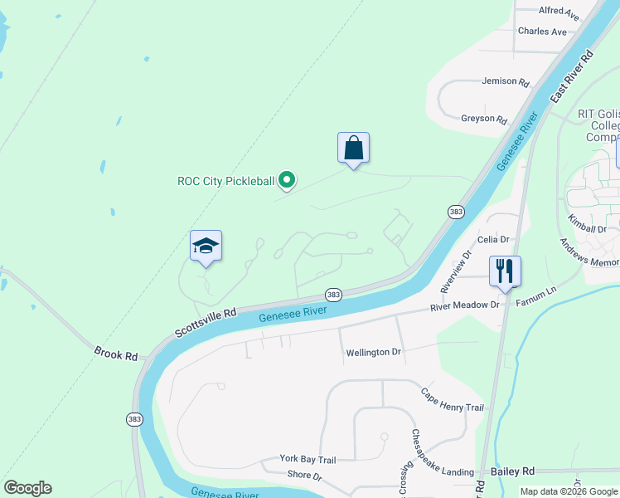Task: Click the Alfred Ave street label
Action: (x=559, y=12)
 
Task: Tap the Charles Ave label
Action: (x=541, y=32)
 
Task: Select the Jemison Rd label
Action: (x=505, y=82)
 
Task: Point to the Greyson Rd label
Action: (x=483, y=120)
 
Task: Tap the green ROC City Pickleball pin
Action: (x=287, y=178)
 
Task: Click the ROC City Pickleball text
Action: (x=225, y=180)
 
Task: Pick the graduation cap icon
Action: (x=206, y=246)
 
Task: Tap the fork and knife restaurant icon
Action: (x=505, y=271)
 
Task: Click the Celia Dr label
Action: (x=492, y=240)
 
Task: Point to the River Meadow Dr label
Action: (x=464, y=305)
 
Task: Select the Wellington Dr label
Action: (x=373, y=353)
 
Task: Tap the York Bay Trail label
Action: (x=308, y=459)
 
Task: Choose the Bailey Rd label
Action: (x=512, y=471)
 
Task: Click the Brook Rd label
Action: (x=115, y=354)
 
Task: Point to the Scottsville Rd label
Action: (x=206, y=323)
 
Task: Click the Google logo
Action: (x=27, y=488)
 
